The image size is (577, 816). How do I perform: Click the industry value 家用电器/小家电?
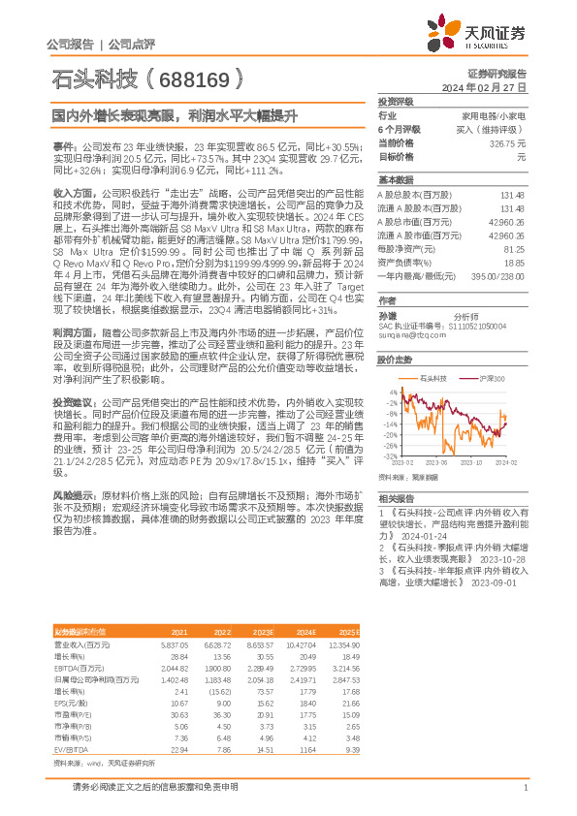498,114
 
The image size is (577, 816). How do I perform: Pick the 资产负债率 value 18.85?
514,262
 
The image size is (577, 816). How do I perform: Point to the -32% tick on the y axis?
388,455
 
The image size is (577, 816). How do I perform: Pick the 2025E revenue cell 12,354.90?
340,643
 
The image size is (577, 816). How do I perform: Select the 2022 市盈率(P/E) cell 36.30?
221,714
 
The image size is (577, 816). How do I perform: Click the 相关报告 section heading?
397,496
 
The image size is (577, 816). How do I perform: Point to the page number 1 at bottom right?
525,787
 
